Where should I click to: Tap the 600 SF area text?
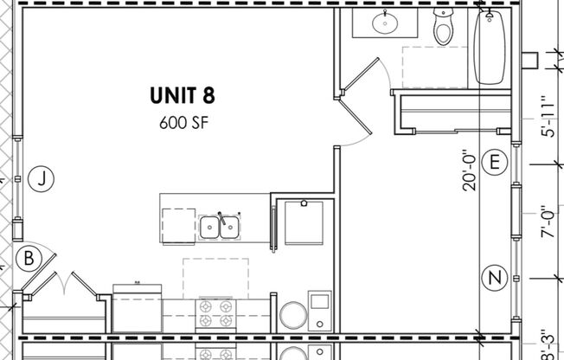(x=183, y=122)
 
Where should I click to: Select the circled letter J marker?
(x=40, y=179)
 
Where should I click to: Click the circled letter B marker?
(x=29, y=258)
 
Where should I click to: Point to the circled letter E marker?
(x=495, y=163)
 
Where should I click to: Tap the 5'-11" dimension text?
(x=546, y=118)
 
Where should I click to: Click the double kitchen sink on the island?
(x=219, y=228)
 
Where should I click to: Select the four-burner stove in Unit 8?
(x=215, y=313)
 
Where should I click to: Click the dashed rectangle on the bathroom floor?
(x=435, y=67)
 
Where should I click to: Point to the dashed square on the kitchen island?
(x=177, y=226)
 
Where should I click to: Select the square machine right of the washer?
(x=320, y=310)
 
